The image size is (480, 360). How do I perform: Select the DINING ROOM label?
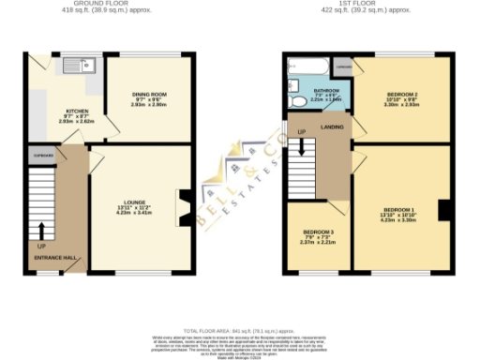click(148, 95)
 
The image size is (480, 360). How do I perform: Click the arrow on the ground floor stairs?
click(41, 228)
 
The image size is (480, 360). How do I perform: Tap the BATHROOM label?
click(324, 91)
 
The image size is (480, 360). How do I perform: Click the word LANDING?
click(333, 125)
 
